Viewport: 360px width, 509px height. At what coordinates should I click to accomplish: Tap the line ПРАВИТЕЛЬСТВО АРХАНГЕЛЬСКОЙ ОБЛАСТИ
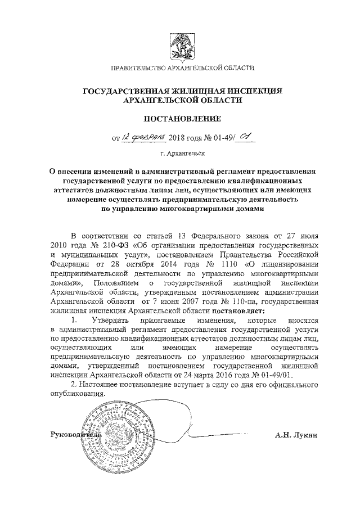[x=182, y=69]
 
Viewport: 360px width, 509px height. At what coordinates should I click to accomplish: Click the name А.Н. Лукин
[x=296, y=435]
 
